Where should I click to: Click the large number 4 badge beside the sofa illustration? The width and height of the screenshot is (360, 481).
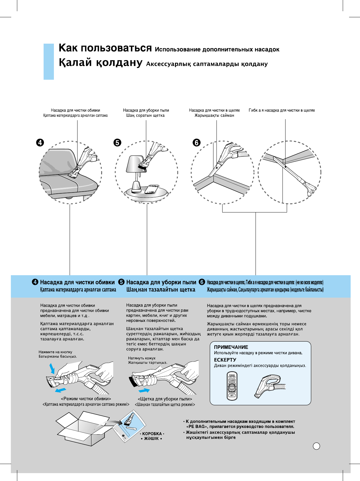coord(40,142)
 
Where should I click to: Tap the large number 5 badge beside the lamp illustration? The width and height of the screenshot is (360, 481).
coord(117,142)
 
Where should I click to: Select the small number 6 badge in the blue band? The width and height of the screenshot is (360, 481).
coord(202,282)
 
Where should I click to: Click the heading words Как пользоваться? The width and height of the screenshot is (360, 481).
coord(105,48)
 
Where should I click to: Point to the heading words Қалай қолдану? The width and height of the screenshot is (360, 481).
coord(101,63)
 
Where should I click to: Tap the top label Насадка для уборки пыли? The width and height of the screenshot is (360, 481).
coord(146,110)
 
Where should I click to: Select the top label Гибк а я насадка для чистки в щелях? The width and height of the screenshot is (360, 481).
coord(282,110)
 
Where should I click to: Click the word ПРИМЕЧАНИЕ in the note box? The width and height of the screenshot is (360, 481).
coord(231,347)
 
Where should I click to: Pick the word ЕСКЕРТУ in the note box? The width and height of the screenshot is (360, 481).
coord(225,360)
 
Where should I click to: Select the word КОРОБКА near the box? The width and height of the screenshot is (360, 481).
coord(152,434)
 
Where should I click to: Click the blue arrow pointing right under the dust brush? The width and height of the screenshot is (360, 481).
coord(144,390)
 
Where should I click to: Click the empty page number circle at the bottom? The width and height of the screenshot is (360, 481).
coord(316,446)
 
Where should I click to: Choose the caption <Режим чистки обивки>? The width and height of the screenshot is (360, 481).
coord(86,399)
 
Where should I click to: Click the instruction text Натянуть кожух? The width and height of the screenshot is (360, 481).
coord(142,358)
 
